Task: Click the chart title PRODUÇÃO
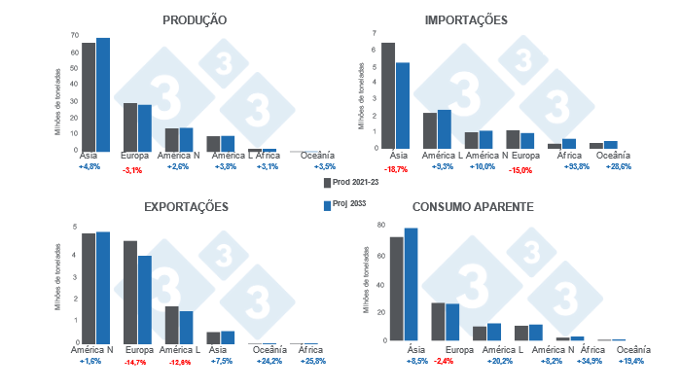[196, 19]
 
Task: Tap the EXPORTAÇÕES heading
[186, 207]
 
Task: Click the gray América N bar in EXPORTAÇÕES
[89, 288]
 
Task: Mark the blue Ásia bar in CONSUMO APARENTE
[411, 284]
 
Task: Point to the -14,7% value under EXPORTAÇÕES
[137, 362]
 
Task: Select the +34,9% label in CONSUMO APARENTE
[578, 361]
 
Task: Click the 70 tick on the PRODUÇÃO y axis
[75, 35]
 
